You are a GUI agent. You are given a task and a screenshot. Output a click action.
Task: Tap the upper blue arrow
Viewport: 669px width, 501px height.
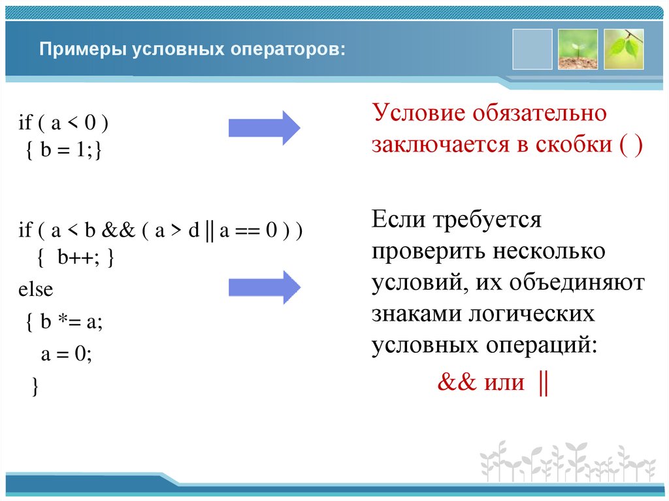click(x=264, y=127)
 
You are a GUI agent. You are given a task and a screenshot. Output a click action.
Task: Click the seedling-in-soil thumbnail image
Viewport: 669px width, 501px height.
click(x=578, y=49)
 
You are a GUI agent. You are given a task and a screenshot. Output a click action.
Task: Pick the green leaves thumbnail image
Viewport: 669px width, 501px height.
click(x=623, y=49)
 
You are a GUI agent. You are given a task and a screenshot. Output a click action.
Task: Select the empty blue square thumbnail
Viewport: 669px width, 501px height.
click(x=532, y=49)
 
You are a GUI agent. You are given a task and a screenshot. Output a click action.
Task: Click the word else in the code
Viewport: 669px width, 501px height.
click(x=35, y=289)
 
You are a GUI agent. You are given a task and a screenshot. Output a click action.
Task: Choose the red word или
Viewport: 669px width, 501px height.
click(x=504, y=382)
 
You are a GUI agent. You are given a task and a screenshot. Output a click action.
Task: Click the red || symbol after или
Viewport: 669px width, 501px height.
click(x=542, y=382)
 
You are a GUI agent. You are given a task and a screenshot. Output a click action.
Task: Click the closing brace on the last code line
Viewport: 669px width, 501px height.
click(x=35, y=386)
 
